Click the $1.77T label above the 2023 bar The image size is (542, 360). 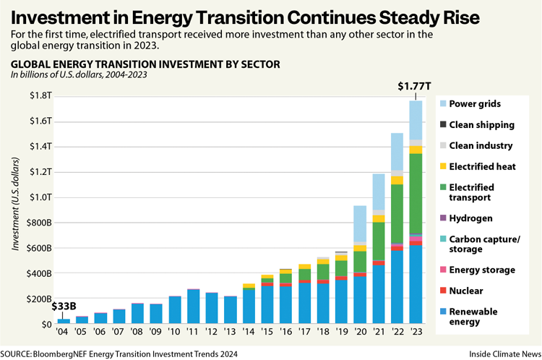416,87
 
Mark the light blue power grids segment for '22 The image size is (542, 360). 397,152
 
